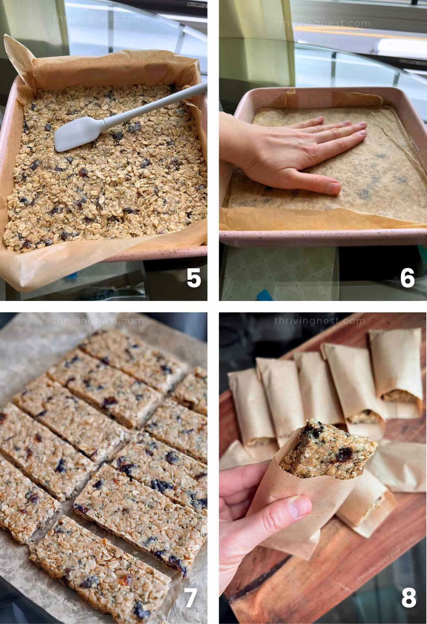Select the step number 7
coord(190,597)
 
